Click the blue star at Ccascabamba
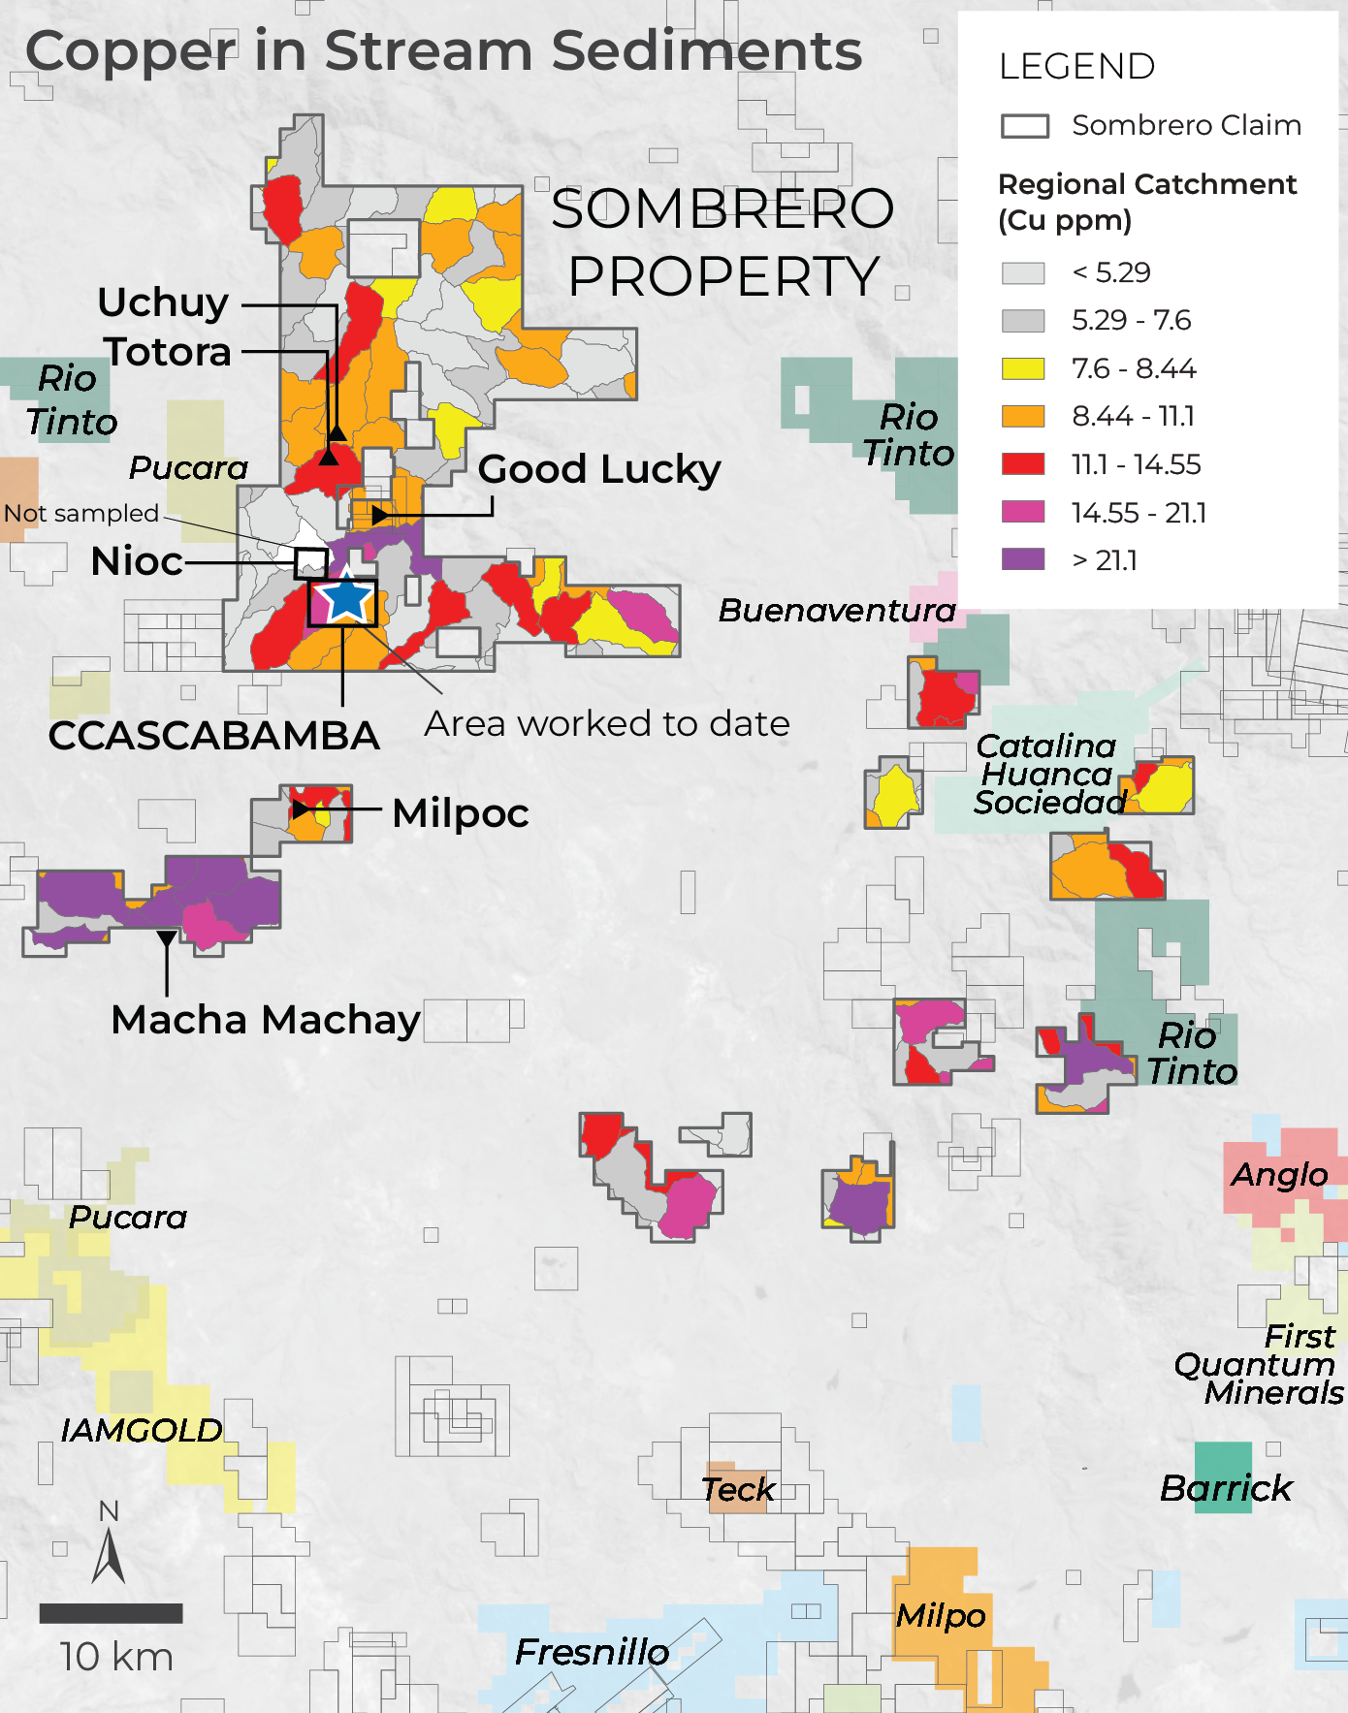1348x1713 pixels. coord(345,600)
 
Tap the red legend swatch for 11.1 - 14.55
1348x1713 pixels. coord(1023,463)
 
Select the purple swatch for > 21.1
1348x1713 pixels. coord(1023,559)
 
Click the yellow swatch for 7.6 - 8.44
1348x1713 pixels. coord(1023,368)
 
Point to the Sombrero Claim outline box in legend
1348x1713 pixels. coord(1024,126)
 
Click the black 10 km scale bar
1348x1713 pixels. coord(111,1613)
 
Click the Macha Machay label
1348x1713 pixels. coord(266,1020)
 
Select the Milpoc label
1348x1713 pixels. coord(461,812)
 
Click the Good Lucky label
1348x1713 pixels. coord(599,469)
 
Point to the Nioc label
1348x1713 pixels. coord(137,561)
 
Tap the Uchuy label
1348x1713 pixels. coord(163,302)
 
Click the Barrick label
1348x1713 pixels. coord(1226,1488)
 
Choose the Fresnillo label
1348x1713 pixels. coord(592,1652)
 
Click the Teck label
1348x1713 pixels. coord(738,1489)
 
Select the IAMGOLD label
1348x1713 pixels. coord(142,1430)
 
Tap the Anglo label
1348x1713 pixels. coord(1279,1175)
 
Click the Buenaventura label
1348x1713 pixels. coord(837,611)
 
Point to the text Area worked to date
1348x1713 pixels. coord(607,724)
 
